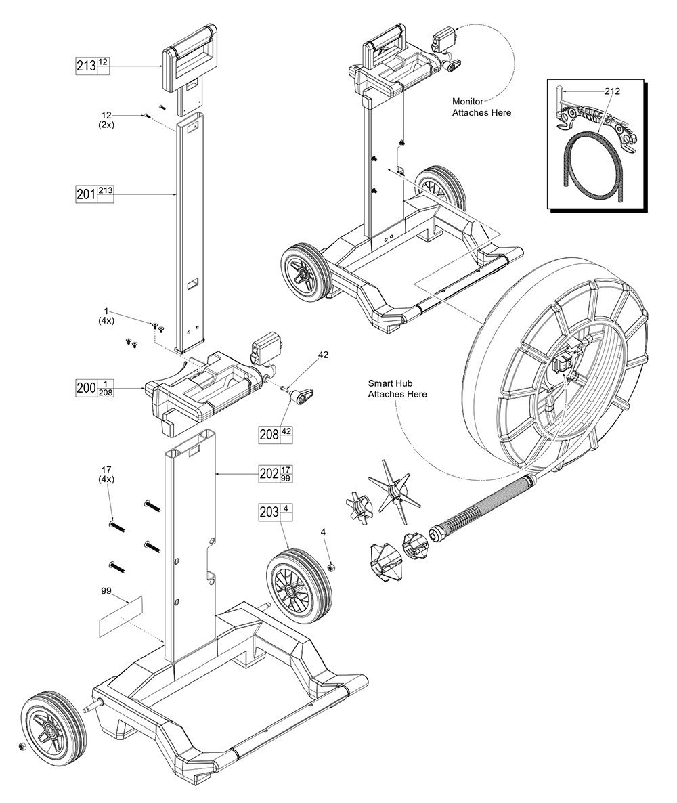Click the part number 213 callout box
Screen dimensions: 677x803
click(92, 66)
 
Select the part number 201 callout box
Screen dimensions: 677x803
click(94, 194)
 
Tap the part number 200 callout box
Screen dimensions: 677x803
click(94, 388)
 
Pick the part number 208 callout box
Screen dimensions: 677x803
click(276, 434)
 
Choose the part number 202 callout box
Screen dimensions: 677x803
click(276, 473)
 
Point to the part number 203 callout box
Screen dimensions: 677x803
click(276, 512)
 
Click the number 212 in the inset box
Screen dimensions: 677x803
click(612, 91)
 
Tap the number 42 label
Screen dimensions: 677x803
click(323, 355)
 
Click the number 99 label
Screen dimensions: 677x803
click(106, 591)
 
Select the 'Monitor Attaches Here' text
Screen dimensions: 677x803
click(481, 107)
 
